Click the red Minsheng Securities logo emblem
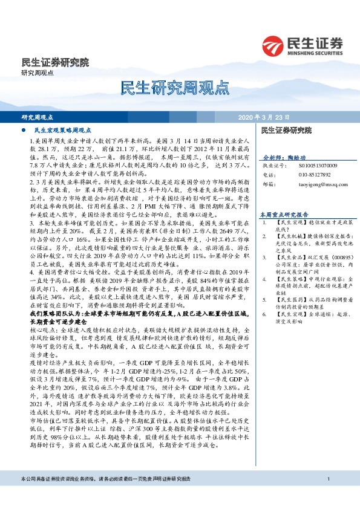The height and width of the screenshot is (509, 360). tap(274, 45)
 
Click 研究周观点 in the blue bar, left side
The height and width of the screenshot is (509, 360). tap(38, 117)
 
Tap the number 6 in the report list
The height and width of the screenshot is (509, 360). tap(265, 315)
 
